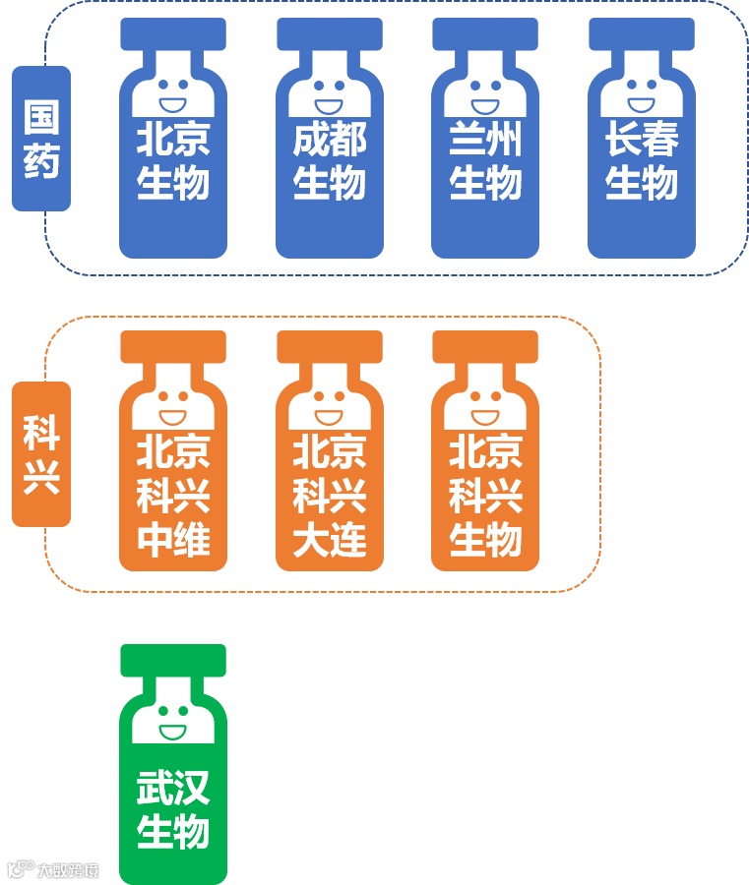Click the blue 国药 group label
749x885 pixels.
tap(41, 139)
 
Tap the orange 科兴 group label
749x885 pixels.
tap(41, 454)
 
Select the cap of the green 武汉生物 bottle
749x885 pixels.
tap(173, 660)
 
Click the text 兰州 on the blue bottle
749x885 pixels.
tap(485, 142)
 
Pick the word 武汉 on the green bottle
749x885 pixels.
tap(173, 789)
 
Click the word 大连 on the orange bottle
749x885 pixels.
tap(330, 540)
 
